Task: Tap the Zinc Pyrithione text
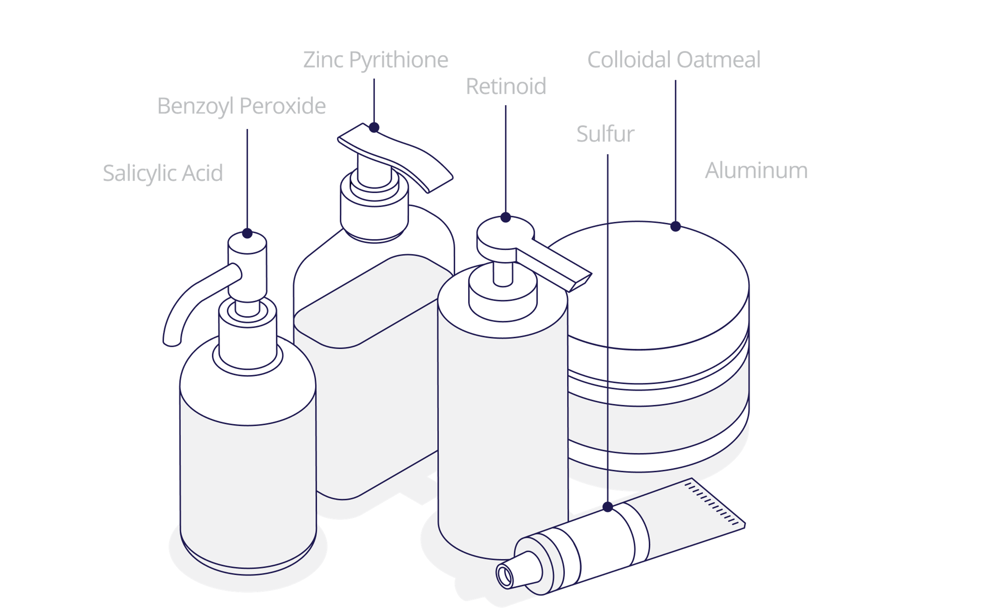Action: tap(375, 60)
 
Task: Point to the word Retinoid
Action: tap(506, 86)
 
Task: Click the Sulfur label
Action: tap(605, 134)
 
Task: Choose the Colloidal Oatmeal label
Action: tap(673, 60)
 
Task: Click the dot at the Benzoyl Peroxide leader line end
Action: tap(247, 233)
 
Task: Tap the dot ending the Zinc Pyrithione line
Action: tap(374, 128)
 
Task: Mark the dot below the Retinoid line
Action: tap(506, 218)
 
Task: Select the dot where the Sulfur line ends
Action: tap(608, 507)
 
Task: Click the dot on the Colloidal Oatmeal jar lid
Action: tap(675, 226)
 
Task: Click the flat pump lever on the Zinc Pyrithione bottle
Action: tap(396, 157)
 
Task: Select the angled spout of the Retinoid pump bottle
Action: tap(559, 267)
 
